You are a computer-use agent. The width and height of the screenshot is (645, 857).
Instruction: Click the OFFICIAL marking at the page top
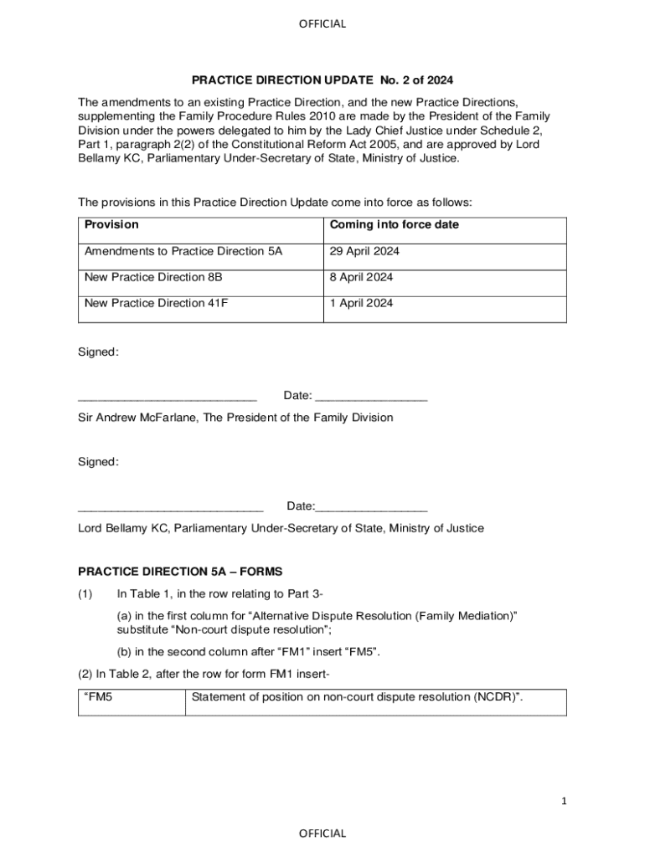click(322, 23)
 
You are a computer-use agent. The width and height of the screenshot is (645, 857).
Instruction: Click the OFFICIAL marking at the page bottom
click(322, 833)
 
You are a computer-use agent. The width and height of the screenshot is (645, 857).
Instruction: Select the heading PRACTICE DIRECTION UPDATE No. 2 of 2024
click(322, 80)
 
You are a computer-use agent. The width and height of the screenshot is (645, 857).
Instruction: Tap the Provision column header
click(111, 225)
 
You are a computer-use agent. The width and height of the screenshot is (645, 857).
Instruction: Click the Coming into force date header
click(394, 225)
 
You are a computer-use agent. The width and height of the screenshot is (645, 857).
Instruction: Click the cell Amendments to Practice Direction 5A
click(183, 251)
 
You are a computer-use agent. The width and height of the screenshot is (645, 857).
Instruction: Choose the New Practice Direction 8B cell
click(153, 277)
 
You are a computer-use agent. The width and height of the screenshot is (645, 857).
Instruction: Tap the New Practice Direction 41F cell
click(156, 303)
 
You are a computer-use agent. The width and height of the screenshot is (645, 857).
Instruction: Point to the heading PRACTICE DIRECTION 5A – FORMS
click(180, 572)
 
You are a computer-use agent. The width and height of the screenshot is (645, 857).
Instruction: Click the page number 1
click(565, 801)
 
